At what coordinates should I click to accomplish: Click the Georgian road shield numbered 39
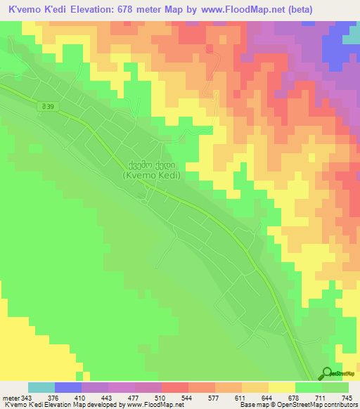click(x=47, y=105)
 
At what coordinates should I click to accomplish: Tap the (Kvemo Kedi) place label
click(x=154, y=176)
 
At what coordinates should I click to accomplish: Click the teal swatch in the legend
click(x=41, y=387)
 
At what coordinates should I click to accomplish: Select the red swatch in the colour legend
click(x=175, y=387)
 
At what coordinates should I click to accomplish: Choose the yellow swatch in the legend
click(x=282, y=387)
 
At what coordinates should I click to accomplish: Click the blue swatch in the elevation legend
click(x=68, y=387)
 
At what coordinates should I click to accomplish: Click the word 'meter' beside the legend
click(x=11, y=398)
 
